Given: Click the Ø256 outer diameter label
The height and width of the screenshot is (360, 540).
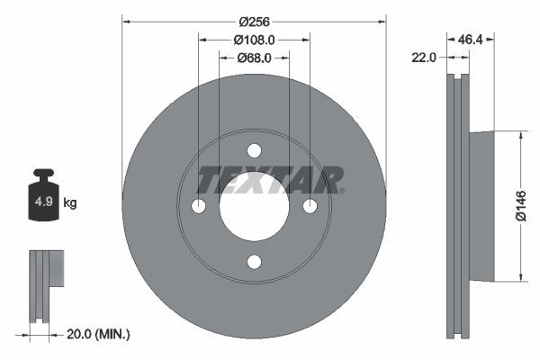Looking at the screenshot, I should point(254,21).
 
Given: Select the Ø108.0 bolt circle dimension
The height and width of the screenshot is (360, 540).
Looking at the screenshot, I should point(254,40).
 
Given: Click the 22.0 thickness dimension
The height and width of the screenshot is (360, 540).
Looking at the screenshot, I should point(423,58).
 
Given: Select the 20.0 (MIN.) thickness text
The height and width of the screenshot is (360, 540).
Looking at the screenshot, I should point(98,334).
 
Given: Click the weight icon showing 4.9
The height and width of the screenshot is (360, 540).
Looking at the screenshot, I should point(43,198).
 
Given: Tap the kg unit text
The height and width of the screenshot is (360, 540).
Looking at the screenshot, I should point(70,203).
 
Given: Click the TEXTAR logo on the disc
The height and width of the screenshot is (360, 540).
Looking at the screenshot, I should point(270,180).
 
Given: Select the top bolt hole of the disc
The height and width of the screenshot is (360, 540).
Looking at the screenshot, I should point(254,150).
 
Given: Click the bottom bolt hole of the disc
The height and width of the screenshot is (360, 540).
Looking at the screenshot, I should point(254,262).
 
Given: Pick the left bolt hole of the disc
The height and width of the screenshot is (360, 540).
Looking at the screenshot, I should point(198,206).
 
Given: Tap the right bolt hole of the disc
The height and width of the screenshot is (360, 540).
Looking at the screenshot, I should point(310,206).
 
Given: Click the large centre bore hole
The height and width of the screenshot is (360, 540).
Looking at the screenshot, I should point(254,206).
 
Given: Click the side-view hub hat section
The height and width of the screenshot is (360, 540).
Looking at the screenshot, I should point(482,206).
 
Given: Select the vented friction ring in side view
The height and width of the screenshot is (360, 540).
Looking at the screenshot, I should point(458,206).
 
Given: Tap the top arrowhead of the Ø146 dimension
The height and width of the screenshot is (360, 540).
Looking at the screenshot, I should point(520,135).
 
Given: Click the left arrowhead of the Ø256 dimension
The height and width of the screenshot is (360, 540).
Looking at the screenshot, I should point(126,21).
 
